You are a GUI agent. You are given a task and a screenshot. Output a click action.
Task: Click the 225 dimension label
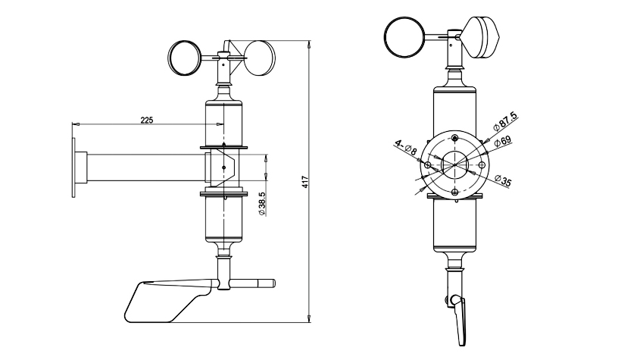click(x=146, y=120)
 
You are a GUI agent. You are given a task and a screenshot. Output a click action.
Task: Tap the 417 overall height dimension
click(x=305, y=182)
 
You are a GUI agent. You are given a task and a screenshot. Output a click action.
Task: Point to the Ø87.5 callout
click(x=505, y=121)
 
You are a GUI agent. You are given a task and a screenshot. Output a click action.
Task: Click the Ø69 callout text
click(x=502, y=142)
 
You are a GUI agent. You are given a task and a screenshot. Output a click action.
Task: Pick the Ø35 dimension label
click(x=503, y=180)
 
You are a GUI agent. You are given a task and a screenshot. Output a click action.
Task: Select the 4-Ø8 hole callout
click(x=406, y=148)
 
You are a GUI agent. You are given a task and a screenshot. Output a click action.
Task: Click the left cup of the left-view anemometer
click(x=185, y=58)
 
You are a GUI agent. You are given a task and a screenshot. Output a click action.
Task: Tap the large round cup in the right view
click(x=405, y=37)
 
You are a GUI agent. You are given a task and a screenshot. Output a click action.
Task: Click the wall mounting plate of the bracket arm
click(x=73, y=168)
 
